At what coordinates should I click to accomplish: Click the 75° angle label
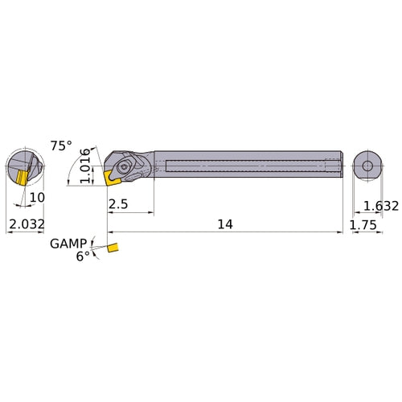(x=61, y=146)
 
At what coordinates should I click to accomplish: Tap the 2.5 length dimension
(x=118, y=204)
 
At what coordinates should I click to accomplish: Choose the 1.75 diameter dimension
(x=365, y=226)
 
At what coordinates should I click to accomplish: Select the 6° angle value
(x=83, y=256)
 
